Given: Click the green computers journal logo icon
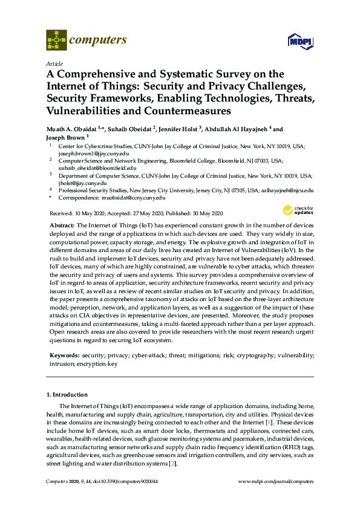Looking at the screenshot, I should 56,41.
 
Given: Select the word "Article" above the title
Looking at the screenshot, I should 53,63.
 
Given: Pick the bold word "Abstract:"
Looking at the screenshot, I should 62,225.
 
